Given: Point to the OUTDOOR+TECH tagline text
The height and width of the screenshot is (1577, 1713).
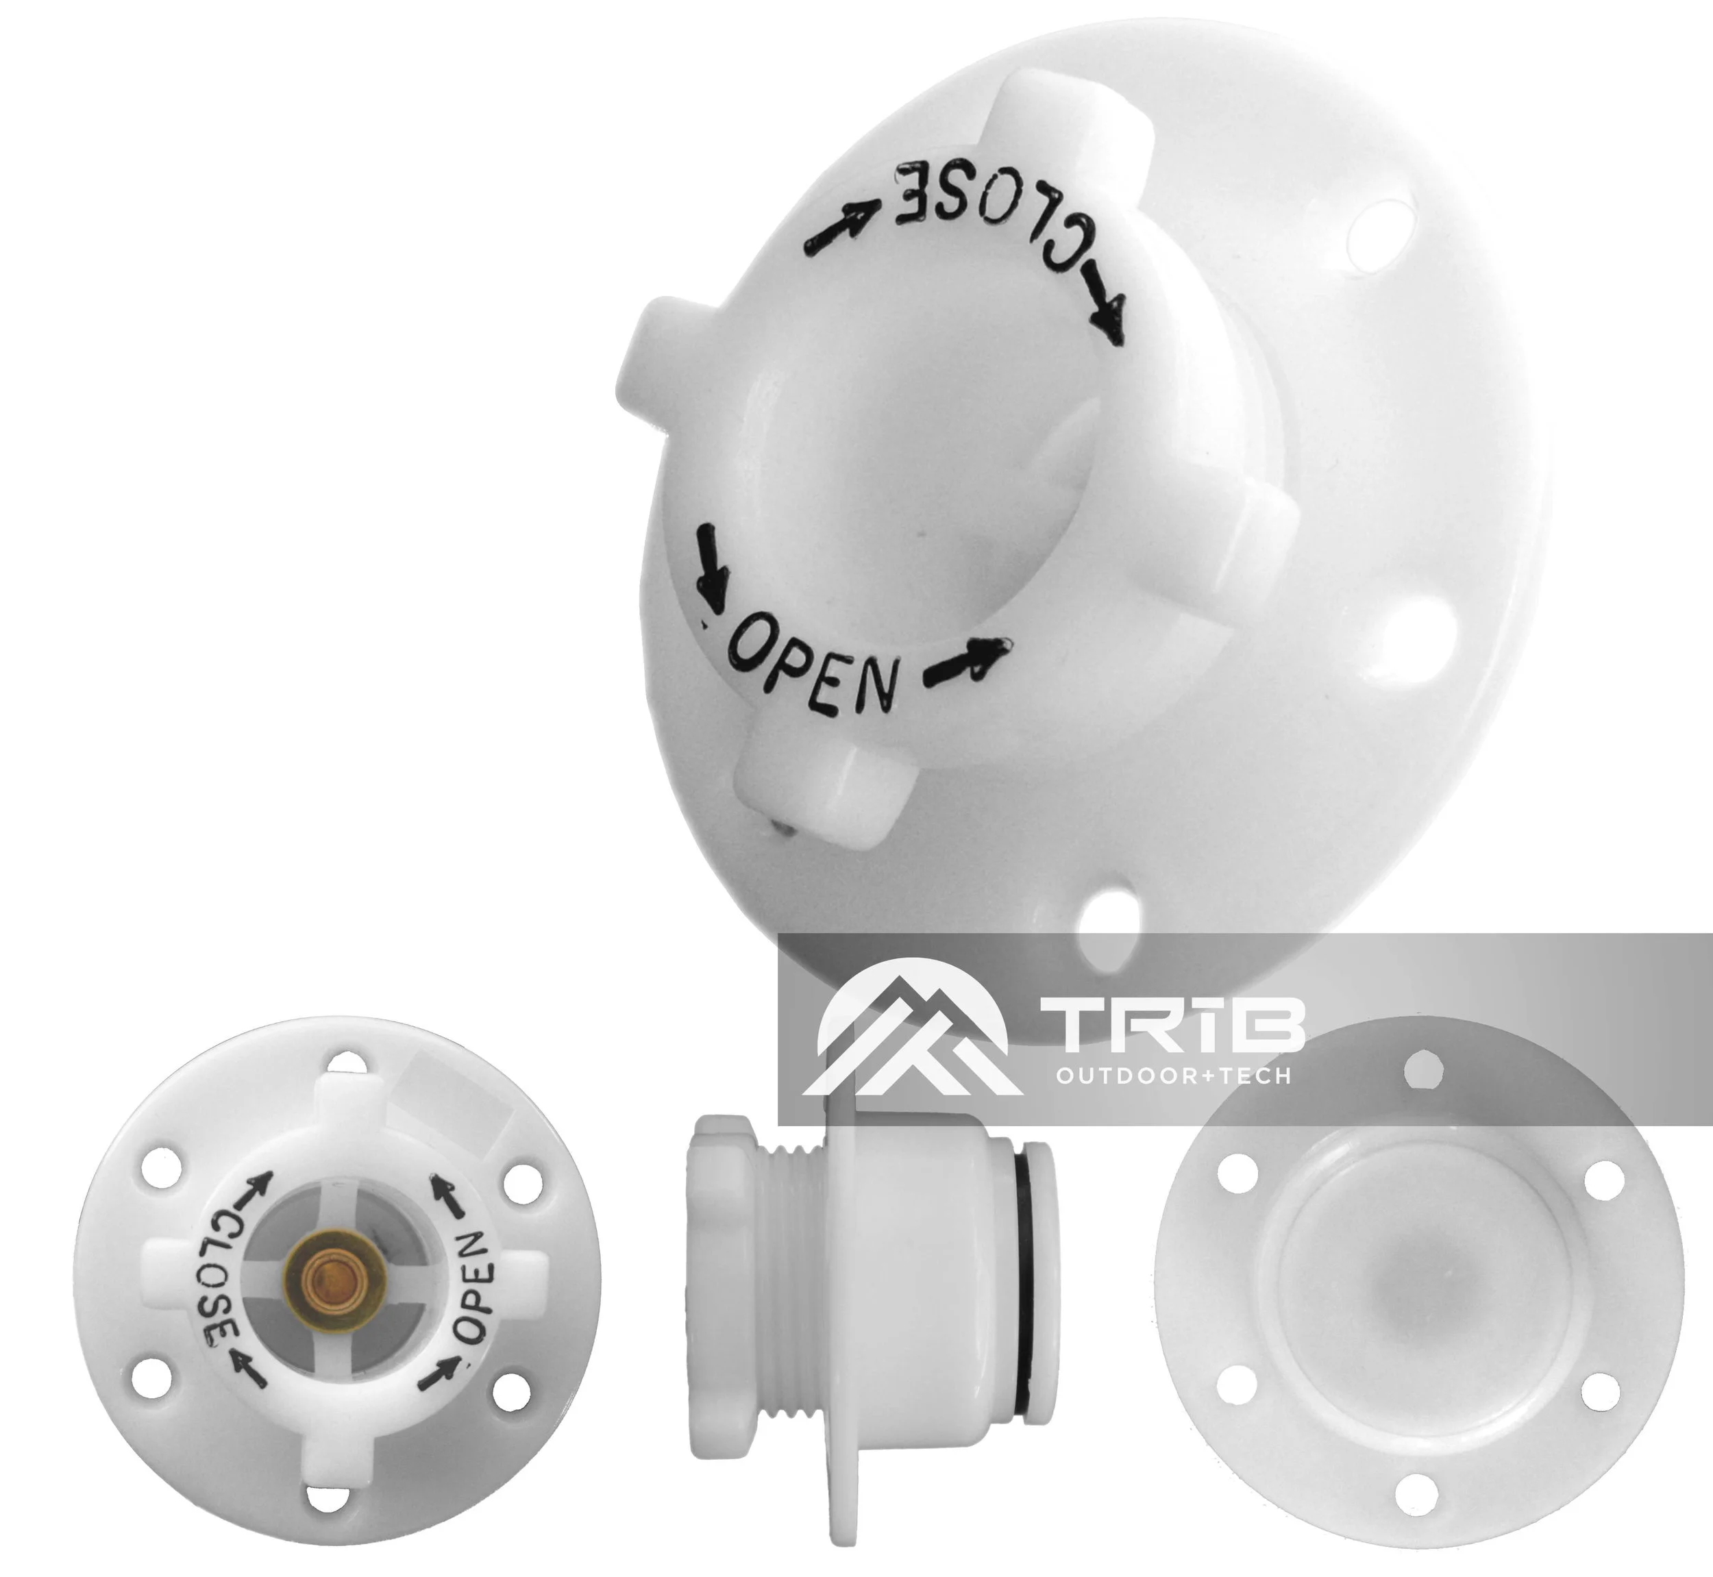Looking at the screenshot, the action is pyautogui.click(x=1173, y=1077).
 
